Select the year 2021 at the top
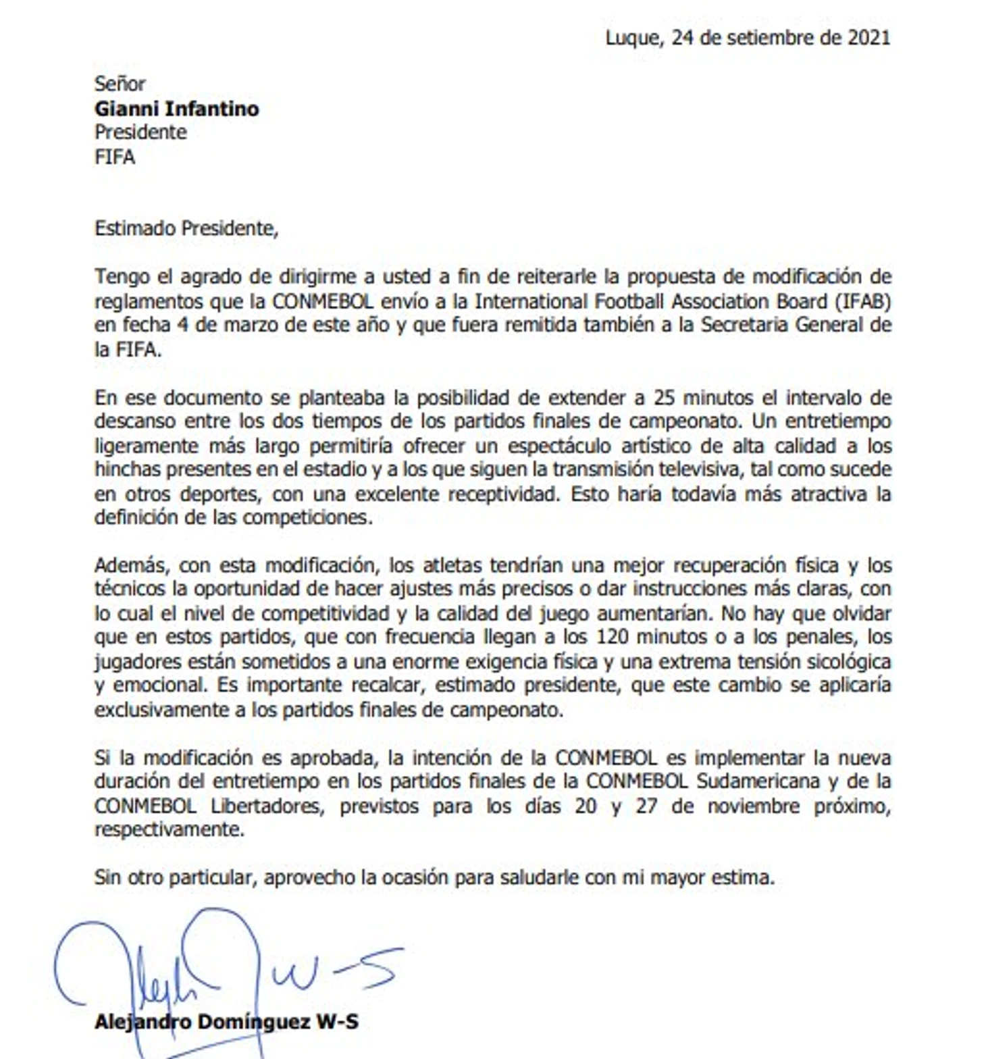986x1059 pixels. coord(868,38)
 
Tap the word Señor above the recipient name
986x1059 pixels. coord(120,84)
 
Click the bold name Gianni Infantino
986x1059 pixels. coord(176,109)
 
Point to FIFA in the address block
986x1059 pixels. coord(115,157)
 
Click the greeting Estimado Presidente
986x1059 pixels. coord(186,228)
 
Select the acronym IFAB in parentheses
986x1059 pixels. coord(864,301)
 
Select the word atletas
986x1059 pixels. coord(452,565)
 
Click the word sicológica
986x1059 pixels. coord(845,661)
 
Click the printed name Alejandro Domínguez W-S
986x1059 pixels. coord(226,1022)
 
